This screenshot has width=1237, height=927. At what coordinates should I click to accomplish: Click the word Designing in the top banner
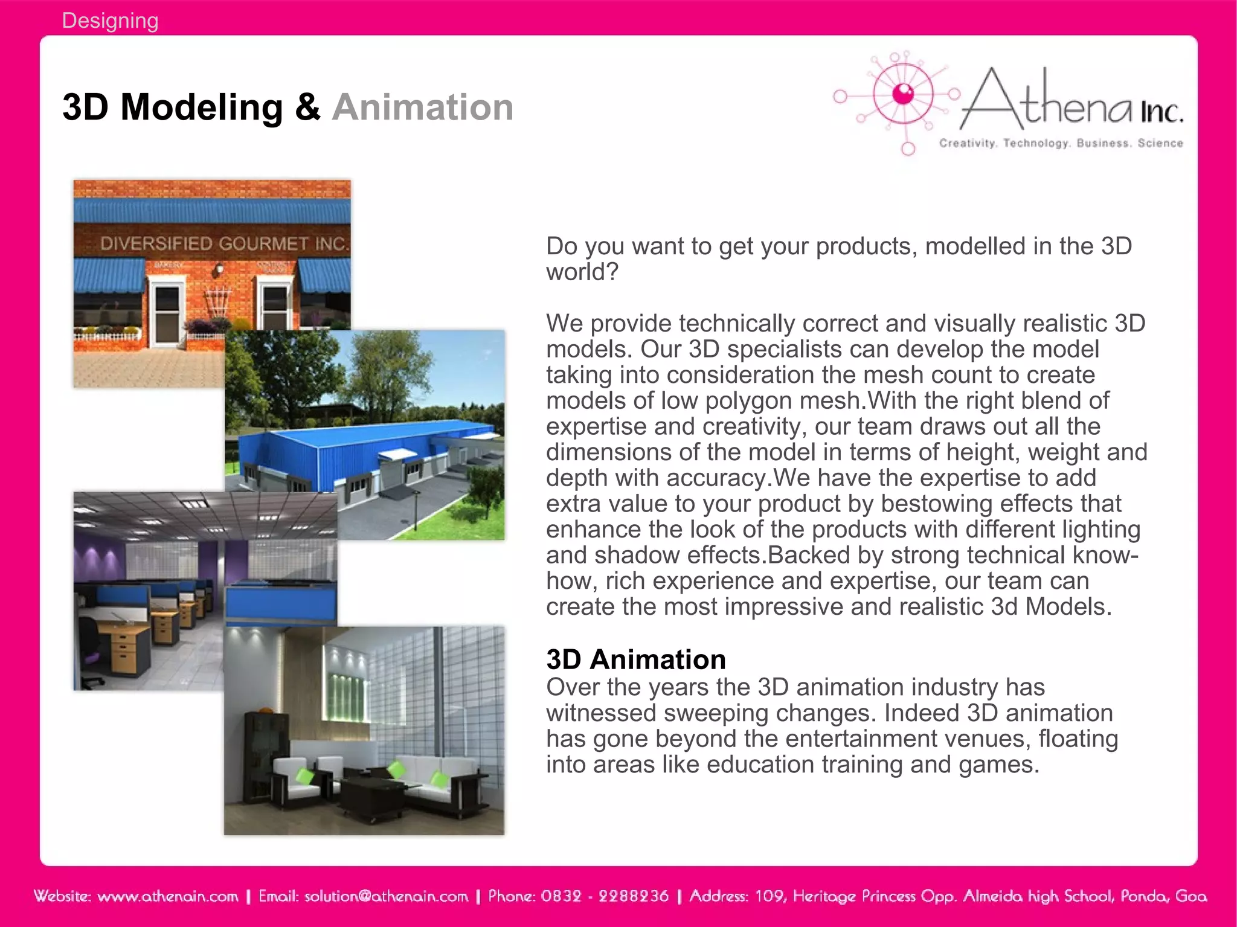[x=110, y=21]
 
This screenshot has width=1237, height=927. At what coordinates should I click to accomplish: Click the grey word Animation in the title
[x=422, y=107]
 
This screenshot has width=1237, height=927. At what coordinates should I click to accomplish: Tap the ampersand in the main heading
[x=307, y=107]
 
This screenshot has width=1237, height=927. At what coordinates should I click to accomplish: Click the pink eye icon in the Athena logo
[x=903, y=94]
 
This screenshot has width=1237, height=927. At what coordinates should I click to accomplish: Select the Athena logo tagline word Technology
[x=1036, y=143]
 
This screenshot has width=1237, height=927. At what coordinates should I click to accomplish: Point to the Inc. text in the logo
[x=1161, y=112]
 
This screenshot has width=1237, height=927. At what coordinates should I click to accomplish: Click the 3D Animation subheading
[x=635, y=659]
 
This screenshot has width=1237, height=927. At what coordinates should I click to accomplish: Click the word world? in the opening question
[x=582, y=272]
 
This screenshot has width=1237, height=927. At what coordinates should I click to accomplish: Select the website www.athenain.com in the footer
[x=167, y=896]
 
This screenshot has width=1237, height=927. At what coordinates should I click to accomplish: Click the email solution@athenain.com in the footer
[x=386, y=896]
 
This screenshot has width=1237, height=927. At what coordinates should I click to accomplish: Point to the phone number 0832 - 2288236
[x=605, y=896]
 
